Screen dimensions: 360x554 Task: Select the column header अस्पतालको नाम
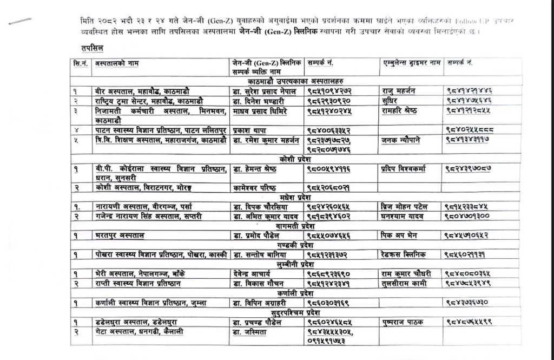[116, 64]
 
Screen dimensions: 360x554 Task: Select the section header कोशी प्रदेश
[294, 160]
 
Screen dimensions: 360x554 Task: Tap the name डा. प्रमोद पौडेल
[255, 235]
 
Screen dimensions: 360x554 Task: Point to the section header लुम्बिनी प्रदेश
[294, 264]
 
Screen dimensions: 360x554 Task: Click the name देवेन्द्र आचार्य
[253, 273]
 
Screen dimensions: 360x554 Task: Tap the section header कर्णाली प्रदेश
[294, 293]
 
